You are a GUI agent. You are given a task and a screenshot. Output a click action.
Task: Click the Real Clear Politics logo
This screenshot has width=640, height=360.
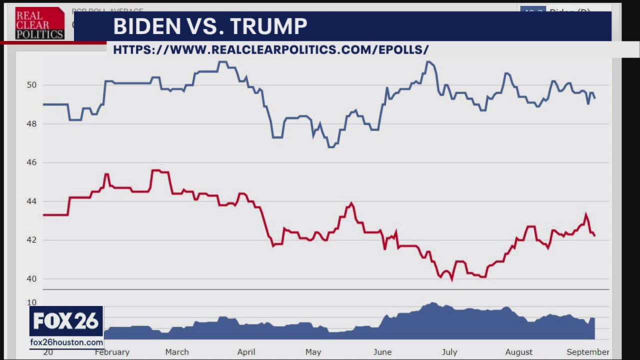click(x=39, y=23)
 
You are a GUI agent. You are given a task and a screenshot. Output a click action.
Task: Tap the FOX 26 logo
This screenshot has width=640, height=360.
click(x=66, y=321)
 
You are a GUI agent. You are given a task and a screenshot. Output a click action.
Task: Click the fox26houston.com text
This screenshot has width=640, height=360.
click(x=66, y=342)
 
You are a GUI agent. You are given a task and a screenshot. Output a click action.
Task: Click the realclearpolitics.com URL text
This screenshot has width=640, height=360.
click(x=270, y=49)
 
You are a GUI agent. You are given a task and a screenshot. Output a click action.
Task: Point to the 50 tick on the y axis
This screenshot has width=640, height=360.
click(x=32, y=85)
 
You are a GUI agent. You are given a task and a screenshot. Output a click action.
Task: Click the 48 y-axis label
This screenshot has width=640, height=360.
click(x=32, y=124)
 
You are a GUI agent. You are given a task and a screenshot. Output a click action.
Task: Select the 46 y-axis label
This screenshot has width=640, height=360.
click(x=32, y=162)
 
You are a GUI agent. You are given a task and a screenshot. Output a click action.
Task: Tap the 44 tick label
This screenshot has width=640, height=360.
click(x=32, y=201)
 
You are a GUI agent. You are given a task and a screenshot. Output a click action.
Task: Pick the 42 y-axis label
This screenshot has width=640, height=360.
click(x=32, y=240)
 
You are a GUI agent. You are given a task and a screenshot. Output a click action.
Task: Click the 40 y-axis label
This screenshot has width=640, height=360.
click(x=32, y=279)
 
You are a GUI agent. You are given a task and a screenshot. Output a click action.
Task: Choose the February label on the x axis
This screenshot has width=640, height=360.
click(x=112, y=352)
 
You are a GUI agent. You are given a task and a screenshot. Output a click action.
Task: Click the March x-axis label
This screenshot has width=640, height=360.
click(x=177, y=352)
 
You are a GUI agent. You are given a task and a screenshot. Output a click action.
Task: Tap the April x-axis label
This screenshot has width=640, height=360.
click(x=246, y=352)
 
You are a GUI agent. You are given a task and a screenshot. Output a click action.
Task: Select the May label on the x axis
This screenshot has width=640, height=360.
click(x=313, y=352)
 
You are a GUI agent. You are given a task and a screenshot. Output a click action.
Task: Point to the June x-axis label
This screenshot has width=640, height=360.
click(x=382, y=352)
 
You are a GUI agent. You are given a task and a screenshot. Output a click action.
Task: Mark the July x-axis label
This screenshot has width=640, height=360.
click(x=449, y=352)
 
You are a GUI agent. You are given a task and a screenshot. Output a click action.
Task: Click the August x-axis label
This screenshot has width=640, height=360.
click(x=518, y=352)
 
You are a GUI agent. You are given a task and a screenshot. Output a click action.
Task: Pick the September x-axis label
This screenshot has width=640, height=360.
click(x=587, y=352)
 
